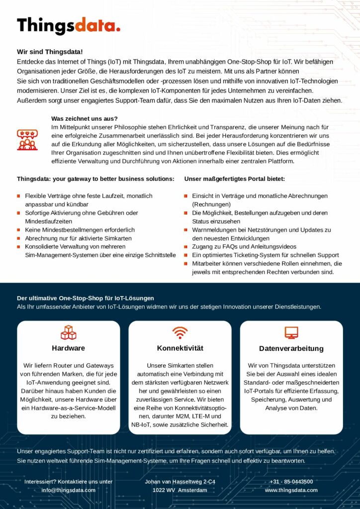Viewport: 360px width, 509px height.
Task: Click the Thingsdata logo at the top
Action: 69,25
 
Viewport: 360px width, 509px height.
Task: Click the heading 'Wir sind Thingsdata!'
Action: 50,52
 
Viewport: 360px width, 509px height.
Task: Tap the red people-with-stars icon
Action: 27,140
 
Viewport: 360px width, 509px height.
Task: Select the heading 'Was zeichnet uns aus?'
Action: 85,118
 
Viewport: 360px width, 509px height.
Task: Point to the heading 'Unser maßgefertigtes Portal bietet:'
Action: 235,178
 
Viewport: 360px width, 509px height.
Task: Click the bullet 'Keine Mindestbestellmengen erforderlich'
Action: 80,230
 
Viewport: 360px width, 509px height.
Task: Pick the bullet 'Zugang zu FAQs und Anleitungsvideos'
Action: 244,247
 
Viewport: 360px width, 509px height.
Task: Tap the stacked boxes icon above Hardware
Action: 68,333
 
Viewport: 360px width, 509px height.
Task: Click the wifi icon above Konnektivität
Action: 180,333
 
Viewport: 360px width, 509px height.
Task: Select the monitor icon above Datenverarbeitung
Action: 291,333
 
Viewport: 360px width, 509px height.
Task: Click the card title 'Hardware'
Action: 68,348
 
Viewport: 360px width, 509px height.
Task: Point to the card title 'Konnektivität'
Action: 180,348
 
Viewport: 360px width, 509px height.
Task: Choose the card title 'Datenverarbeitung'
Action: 291,348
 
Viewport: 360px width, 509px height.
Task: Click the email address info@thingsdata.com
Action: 68,490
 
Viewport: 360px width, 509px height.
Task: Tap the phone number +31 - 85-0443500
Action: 291,482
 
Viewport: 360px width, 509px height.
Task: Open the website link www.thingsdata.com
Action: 291,490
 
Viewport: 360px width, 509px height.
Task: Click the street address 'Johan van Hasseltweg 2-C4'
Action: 180,482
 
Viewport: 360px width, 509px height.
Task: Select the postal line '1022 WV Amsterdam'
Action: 180,490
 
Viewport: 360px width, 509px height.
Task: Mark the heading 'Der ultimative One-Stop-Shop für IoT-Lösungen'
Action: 86,298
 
